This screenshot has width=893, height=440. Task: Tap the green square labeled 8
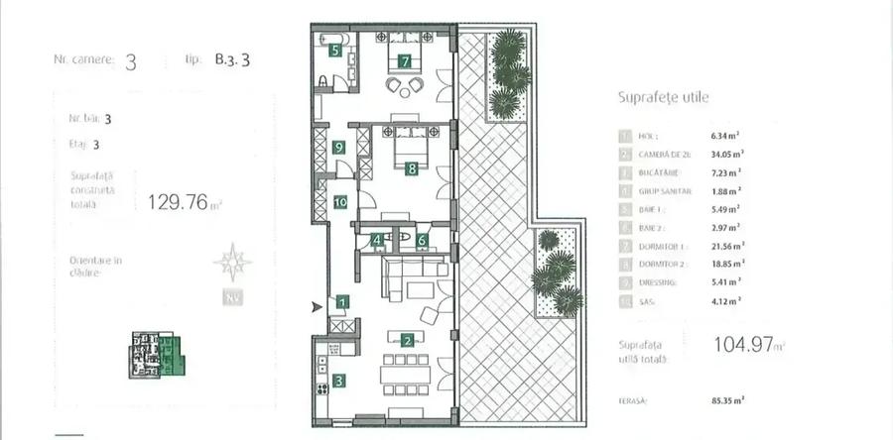point(411,168)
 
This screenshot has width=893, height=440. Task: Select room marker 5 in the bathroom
point(335,50)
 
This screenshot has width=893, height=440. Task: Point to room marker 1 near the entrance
point(341,301)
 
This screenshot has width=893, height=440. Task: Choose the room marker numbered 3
point(339,380)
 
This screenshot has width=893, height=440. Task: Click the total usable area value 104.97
point(744,345)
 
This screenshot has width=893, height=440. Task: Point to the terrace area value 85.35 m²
point(729,400)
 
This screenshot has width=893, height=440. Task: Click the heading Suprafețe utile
point(663,97)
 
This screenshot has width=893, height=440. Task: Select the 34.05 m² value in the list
point(727,154)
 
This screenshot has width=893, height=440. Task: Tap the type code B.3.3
point(231,59)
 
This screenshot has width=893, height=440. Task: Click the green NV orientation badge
point(234,296)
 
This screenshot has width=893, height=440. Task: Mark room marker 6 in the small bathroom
point(422,239)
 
